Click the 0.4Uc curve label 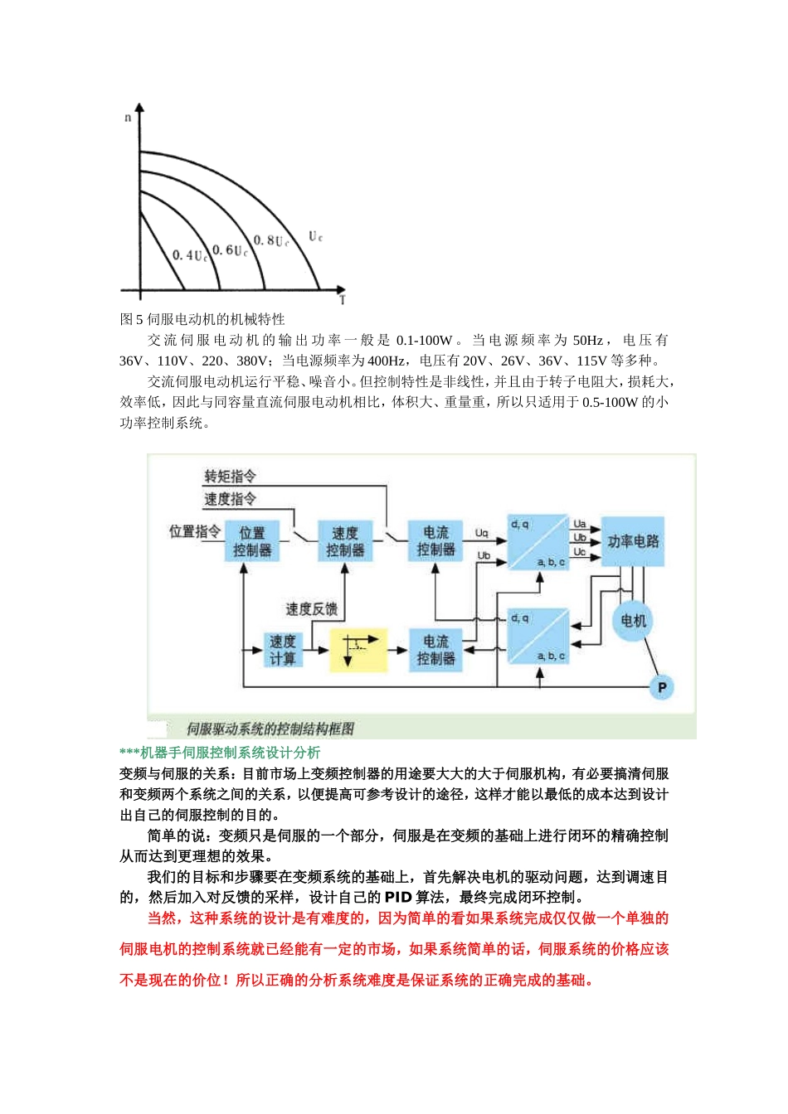189,255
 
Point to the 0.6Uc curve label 229,250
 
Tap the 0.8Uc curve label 270,241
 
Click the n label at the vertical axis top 128,118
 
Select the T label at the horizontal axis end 342,300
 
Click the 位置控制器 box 252,541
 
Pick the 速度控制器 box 345,541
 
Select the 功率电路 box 633,541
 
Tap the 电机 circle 634,621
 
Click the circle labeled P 661,687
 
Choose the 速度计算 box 282,650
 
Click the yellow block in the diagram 358,650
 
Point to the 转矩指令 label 230,476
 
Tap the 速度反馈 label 311,609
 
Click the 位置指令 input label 195,531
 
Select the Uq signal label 482,533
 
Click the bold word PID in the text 398,898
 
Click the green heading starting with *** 220,753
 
